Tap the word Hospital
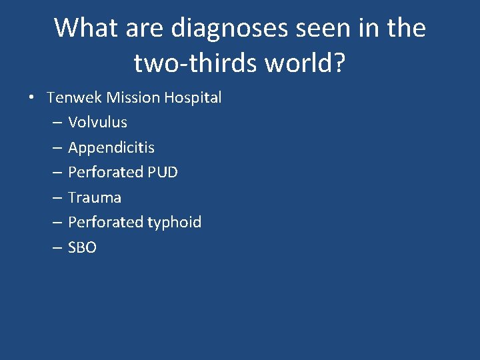click(193, 97)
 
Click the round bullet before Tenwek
click(32, 98)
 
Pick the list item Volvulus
click(97, 123)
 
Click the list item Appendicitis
click(111, 147)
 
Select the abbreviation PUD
click(161, 172)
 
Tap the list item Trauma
click(95, 197)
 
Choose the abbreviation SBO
click(82, 247)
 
